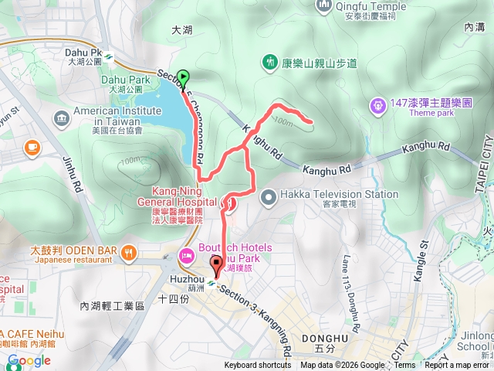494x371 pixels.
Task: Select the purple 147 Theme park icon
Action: click(x=377, y=104)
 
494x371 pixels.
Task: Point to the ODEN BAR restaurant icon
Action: click(x=129, y=250)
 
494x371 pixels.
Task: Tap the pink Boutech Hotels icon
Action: click(x=186, y=256)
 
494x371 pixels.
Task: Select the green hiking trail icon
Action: click(x=269, y=60)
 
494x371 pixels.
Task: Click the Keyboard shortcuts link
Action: click(x=258, y=366)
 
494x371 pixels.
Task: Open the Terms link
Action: click(x=404, y=366)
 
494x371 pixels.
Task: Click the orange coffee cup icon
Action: click(x=32, y=146)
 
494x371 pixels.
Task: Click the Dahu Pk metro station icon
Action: click(x=110, y=56)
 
